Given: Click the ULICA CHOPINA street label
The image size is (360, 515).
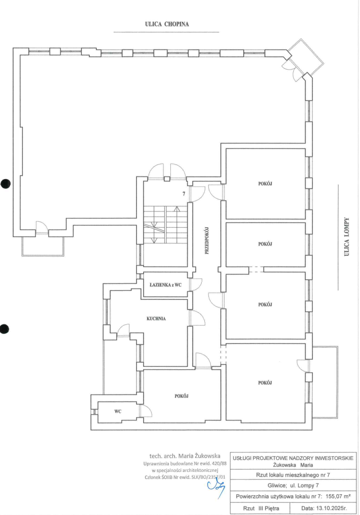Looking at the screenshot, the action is (167, 24).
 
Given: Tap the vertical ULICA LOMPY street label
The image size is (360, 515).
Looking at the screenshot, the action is (346, 236).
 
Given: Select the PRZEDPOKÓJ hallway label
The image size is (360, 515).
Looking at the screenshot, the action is (207, 241).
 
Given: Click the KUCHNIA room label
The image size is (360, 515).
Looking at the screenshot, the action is (156, 318).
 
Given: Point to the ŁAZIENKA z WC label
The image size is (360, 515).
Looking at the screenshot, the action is (165, 285).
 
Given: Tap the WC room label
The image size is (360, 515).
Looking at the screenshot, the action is (118, 411).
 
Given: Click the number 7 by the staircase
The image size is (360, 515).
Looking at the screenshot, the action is (184, 194).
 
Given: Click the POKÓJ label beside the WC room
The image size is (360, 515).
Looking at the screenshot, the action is (182, 396).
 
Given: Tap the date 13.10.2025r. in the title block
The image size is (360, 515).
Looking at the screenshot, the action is (324, 508).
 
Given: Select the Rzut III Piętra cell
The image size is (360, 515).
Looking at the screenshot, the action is (261, 508).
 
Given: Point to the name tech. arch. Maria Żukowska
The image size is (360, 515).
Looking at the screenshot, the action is (185, 455).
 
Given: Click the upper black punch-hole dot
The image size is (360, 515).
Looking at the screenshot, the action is (5, 183).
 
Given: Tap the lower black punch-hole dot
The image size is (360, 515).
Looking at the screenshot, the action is (4, 329).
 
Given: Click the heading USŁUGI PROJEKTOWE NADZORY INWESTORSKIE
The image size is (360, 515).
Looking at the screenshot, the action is (293, 458).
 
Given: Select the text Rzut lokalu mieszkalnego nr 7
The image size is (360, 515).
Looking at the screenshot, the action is (293, 475).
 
